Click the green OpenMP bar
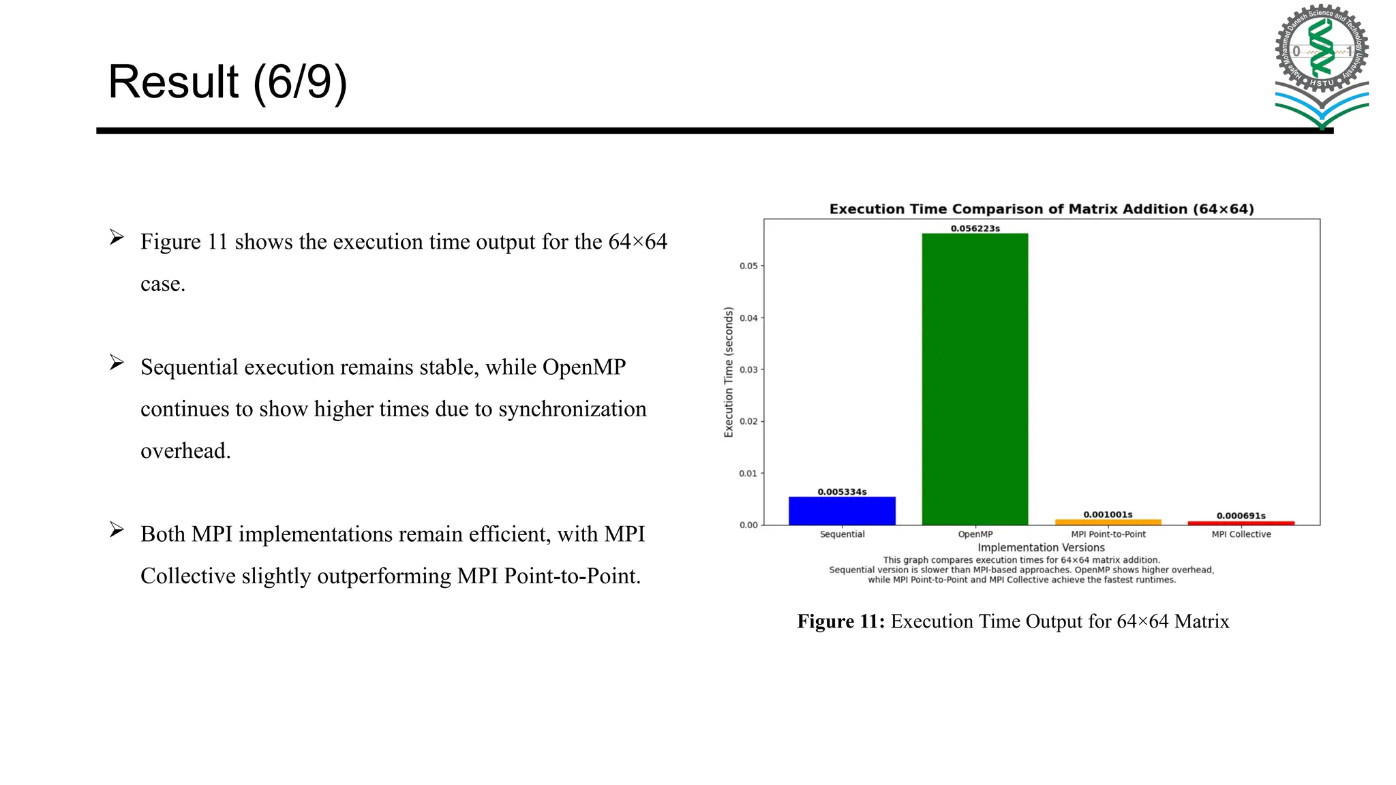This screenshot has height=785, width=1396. coord(975,379)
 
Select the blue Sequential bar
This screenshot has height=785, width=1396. coord(842,511)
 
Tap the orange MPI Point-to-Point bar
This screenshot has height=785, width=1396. coord(1108,522)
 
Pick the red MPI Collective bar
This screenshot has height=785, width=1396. coord(1241,523)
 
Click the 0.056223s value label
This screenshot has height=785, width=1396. coord(975,228)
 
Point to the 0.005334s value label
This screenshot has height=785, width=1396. coord(842,491)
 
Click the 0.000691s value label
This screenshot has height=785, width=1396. coord(1241,515)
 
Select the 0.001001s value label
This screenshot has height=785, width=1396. coord(1108,514)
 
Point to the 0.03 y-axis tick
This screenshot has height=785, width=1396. coord(748,369)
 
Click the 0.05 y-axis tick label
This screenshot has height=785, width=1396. coord(748,266)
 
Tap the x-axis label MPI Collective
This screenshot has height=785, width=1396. coord(1241,534)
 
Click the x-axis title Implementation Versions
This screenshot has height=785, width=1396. coord(1041,547)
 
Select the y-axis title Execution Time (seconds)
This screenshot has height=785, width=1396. coord(729,372)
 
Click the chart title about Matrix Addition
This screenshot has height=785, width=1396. coord(1041,209)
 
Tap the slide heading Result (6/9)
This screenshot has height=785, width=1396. coord(228,82)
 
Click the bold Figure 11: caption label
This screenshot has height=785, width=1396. coord(840,621)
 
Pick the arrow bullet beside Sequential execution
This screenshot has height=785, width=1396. coord(117,363)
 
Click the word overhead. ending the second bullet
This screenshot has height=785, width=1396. coord(185,451)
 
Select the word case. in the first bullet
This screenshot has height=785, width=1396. coord(163,284)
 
